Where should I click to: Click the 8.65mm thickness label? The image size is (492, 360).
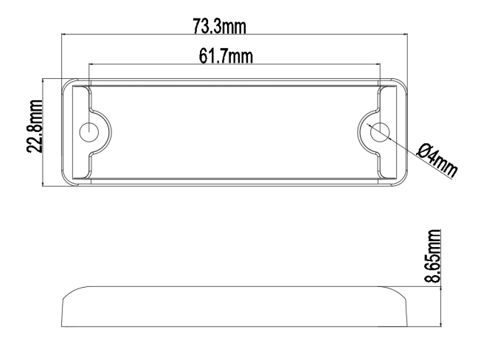click(x=437, y=255)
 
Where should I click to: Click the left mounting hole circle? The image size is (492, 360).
click(x=89, y=132)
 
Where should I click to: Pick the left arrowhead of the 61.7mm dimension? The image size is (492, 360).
click(x=91, y=63)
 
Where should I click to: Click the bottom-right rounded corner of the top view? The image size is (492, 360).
click(x=401, y=181)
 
